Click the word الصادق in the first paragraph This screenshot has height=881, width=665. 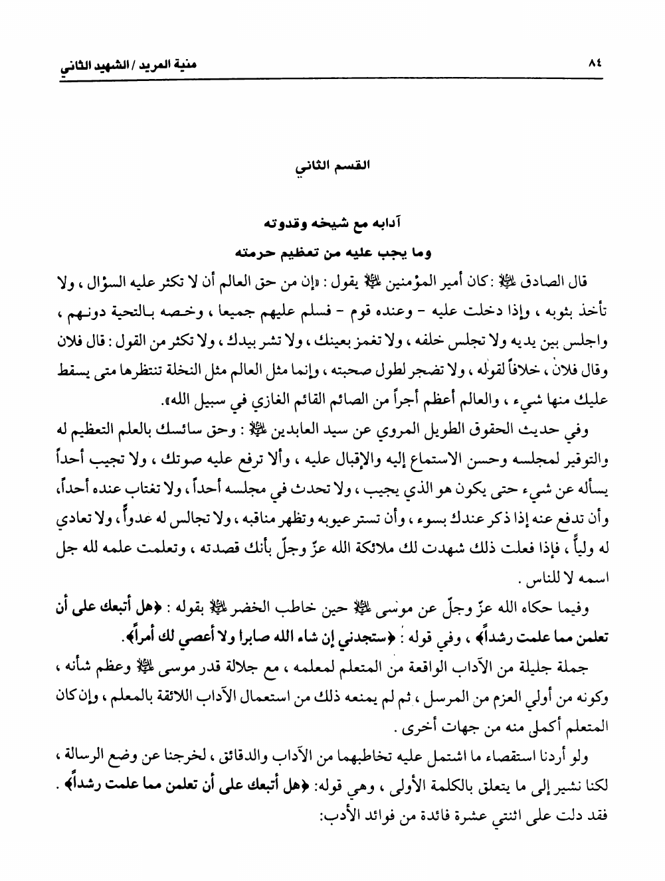tap(543, 287)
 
